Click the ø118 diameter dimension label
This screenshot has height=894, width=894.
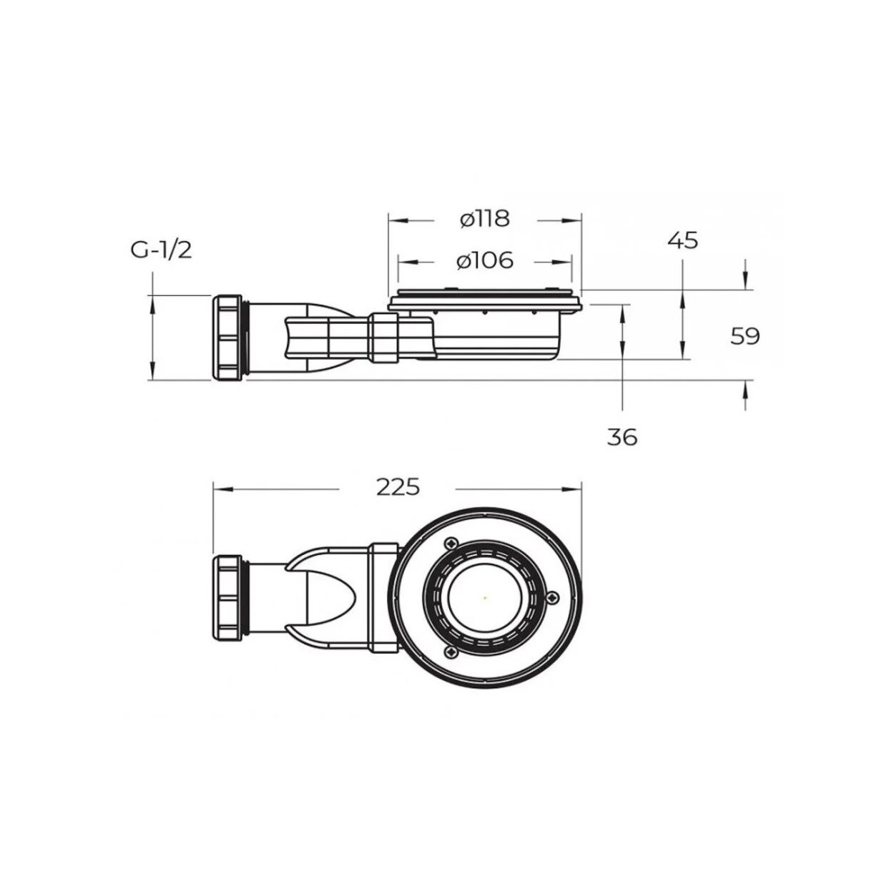[x=485, y=219]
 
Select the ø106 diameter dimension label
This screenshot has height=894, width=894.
[x=485, y=261]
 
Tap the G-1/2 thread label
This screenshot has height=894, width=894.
[x=161, y=250]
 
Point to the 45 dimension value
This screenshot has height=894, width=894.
[x=683, y=240]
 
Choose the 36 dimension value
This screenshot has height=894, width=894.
[x=622, y=437]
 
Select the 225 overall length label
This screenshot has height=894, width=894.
[x=398, y=487]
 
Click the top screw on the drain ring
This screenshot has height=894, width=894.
[x=450, y=544]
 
